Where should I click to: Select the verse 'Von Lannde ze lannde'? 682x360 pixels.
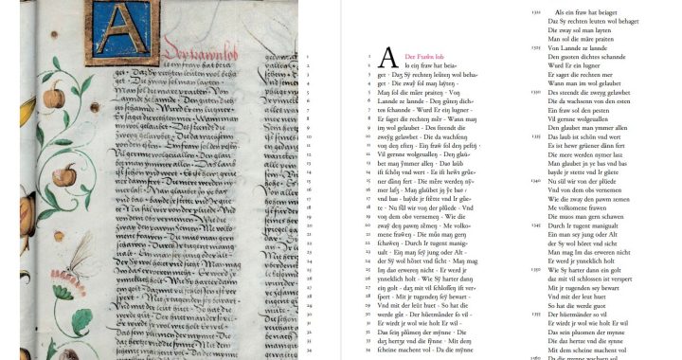[577, 46]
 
